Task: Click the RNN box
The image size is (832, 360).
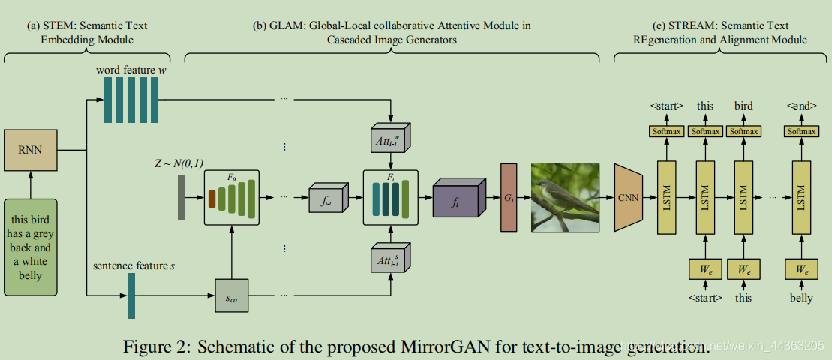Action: tap(31, 149)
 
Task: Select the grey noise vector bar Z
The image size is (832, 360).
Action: tap(182, 197)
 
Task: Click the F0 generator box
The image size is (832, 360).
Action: tap(231, 197)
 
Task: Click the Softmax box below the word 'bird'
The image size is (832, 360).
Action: tap(744, 132)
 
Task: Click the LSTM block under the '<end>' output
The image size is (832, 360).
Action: tap(801, 196)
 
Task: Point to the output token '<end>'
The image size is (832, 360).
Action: tap(801, 106)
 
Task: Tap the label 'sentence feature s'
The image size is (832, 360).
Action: tap(132, 265)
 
